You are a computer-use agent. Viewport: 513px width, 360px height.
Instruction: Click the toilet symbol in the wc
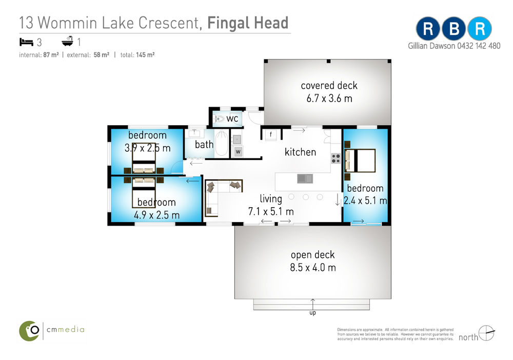click(219, 119)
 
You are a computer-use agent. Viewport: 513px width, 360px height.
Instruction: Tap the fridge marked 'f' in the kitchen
click(271, 135)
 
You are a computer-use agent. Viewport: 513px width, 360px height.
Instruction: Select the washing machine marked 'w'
click(238, 151)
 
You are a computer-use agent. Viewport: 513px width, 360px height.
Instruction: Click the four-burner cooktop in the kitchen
click(336, 158)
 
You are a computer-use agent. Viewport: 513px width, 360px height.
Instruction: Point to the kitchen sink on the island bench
click(305, 178)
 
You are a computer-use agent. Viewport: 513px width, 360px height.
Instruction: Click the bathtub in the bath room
click(222, 143)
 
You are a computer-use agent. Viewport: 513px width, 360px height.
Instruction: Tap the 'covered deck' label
click(329, 86)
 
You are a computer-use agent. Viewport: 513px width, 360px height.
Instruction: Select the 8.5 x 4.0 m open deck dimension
click(313, 268)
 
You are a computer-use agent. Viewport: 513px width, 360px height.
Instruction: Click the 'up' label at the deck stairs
click(313, 313)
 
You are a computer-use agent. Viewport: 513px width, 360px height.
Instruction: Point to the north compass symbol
click(486, 333)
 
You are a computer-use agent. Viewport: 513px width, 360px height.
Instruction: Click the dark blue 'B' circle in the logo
click(454, 29)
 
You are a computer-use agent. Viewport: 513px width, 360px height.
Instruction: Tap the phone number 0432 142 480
click(479, 46)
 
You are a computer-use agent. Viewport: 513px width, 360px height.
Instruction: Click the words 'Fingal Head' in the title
click(248, 23)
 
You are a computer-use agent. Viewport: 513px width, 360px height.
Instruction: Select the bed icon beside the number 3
click(27, 42)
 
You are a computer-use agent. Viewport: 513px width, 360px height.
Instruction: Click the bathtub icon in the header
click(67, 41)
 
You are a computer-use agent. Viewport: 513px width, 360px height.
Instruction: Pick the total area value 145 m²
click(145, 55)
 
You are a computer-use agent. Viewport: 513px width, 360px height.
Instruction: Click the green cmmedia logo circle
click(29, 331)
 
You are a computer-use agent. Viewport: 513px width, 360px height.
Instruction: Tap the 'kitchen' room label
click(300, 152)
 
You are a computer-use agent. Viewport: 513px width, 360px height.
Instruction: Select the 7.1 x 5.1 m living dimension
click(271, 212)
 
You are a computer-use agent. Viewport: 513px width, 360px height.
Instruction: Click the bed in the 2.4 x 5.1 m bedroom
click(360, 160)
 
